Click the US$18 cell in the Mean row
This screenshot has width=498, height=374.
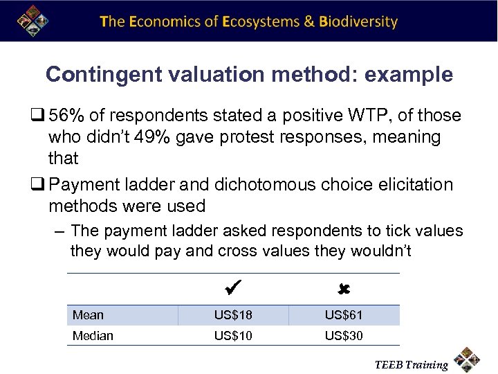[x=232, y=315]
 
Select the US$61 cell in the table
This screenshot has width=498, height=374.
[x=344, y=315]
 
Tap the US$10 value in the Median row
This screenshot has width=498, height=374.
[x=232, y=336]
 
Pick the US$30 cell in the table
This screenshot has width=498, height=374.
[x=344, y=336]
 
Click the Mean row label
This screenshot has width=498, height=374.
[x=88, y=315]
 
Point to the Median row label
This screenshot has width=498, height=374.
[x=93, y=336]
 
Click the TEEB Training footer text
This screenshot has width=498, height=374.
[x=411, y=365]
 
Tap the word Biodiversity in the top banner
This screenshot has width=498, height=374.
[x=358, y=21]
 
